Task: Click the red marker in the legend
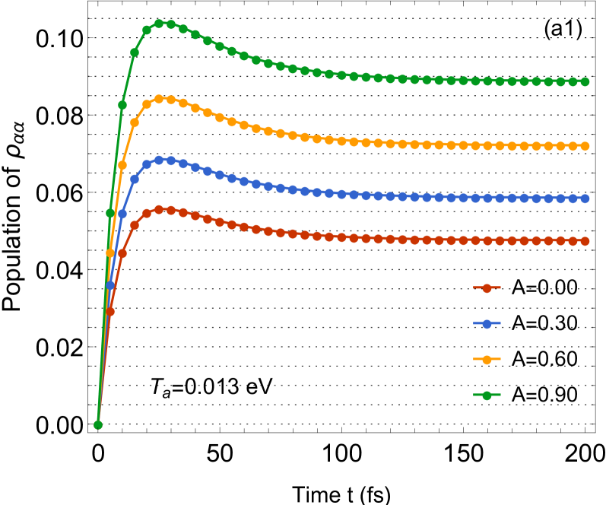pyautogui.click(x=487, y=288)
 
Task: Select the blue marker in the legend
pyautogui.click(x=487, y=324)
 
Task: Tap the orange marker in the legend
pyautogui.click(x=487, y=360)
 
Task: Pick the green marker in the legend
pyautogui.click(x=487, y=395)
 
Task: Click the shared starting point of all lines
pyautogui.click(x=98, y=425)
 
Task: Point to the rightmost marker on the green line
pyautogui.click(x=585, y=82)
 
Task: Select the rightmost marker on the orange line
pyautogui.click(x=585, y=146)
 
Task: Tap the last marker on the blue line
pyautogui.click(x=585, y=199)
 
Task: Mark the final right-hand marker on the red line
pyautogui.click(x=585, y=241)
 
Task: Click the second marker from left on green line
pyautogui.click(x=110, y=214)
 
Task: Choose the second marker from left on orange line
pyautogui.click(x=110, y=252)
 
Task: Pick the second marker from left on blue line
pyautogui.click(x=110, y=286)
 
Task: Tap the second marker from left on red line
pyautogui.click(x=110, y=312)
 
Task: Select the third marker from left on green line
pyautogui.click(x=122, y=106)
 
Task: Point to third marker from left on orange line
pyautogui.click(x=122, y=165)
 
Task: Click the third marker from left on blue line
pyautogui.click(x=122, y=214)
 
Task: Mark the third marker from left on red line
pyautogui.click(x=122, y=253)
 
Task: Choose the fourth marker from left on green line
pyautogui.click(x=135, y=52)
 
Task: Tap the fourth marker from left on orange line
pyautogui.click(x=135, y=122)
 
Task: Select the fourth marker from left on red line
pyautogui.click(x=135, y=225)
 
